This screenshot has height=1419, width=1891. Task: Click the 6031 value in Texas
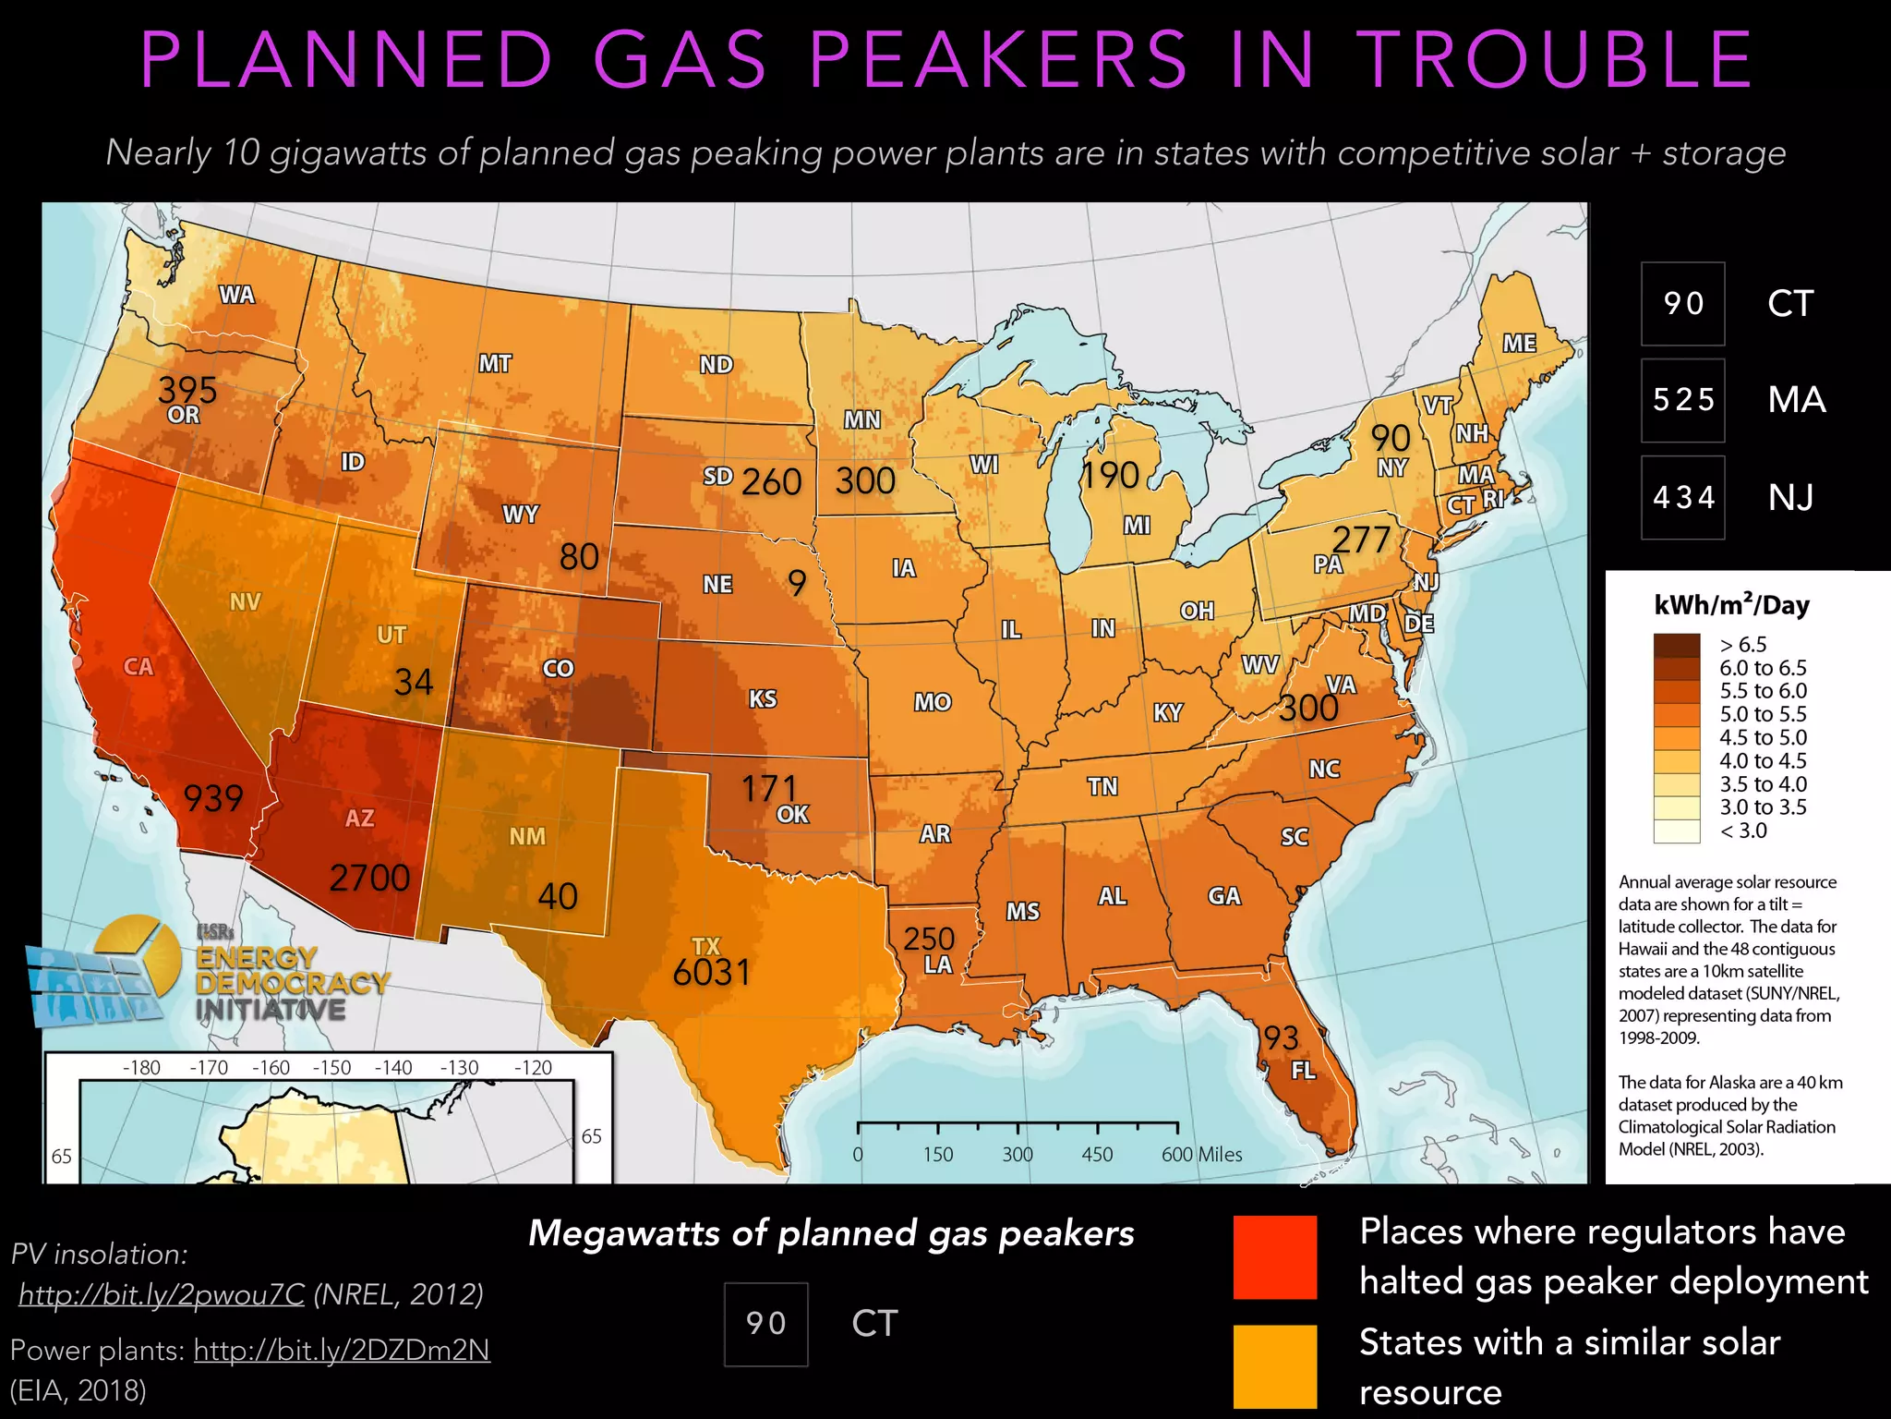pos(711,973)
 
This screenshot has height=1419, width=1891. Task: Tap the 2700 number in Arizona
pos(369,878)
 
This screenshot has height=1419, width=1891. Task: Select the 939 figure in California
pos(213,798)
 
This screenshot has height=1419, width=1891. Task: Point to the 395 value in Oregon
pos(187,390)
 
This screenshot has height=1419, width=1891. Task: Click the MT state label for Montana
pos(495,364)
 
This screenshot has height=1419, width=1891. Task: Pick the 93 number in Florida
pos(1282,1038)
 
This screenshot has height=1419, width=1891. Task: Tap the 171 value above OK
pos(769,788)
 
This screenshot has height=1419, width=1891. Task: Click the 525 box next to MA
pos(1682,400)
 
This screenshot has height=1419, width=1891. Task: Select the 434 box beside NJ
pos(1682,497)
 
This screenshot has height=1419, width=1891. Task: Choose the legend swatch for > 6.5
pos(1677,645)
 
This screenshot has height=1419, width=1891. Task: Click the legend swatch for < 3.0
pos(1677,831)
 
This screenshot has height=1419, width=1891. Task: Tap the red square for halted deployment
pos(1275,1257)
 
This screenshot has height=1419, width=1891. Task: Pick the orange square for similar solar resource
pos(1275,1366)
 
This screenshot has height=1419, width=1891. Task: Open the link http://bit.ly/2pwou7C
pos(162,1294)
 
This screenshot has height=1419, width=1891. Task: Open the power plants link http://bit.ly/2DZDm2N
pos(342,1351)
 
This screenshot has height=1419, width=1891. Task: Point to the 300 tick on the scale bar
pos(1018,1154)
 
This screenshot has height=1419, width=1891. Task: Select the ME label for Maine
pos(1519,344)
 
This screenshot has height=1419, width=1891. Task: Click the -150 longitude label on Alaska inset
pos(331,1068)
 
